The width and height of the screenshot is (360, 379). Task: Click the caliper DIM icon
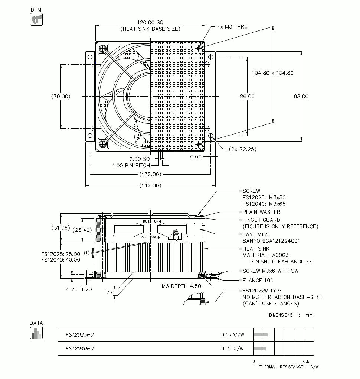coord(36,19)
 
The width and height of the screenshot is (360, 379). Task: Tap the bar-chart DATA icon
coord(36,333)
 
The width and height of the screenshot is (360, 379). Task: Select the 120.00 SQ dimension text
coord(150,22)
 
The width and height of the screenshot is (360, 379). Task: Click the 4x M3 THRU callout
coord(232,27)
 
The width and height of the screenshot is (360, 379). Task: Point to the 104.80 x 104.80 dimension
coord(272,73)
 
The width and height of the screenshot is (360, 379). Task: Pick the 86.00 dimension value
coord(247,96)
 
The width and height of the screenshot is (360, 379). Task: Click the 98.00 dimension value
coord(301,96)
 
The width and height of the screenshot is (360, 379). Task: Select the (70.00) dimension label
coord(60,96)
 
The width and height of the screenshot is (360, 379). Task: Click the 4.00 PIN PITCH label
coord(131,165)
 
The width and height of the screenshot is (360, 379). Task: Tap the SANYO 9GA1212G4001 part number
coord(271,241)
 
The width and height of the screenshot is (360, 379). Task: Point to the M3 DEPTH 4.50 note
coord(181,286)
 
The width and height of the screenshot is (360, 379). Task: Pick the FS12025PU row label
coord(79,335)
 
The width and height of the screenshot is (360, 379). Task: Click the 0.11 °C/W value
coord(233,349)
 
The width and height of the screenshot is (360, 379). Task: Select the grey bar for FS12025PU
coord(261,335)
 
